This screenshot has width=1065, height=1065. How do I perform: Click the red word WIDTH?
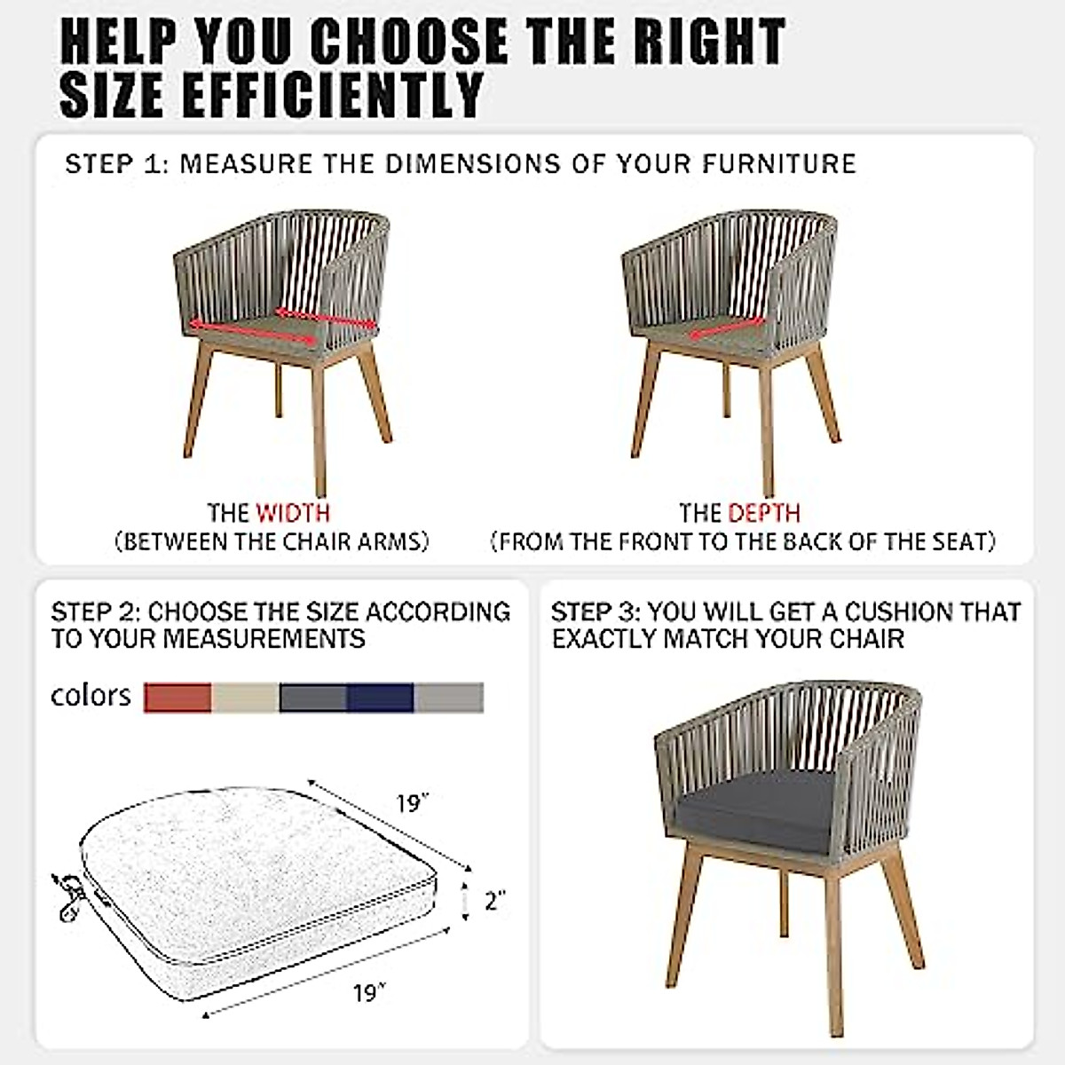[x=293, y=513]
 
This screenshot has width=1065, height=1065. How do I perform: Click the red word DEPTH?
[x=764, y=513]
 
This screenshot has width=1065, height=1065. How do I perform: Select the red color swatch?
[x=177, y=698]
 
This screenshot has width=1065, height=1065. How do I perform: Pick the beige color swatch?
[x=245, y=698]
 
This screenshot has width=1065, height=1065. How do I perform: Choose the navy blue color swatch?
[x=381, y=698]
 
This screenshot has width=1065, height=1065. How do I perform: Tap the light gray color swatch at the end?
[x=449, y=698]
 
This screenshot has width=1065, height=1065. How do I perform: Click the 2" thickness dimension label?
[x=494, y=902]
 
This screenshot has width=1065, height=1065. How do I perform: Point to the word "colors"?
[x=91, y=696]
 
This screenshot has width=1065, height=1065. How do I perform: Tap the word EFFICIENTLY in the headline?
[x=334, y=94]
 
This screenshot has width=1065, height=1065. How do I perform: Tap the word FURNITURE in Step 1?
[x=779, y=164]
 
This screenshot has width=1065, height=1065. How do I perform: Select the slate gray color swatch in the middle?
[x=313, y=698]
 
